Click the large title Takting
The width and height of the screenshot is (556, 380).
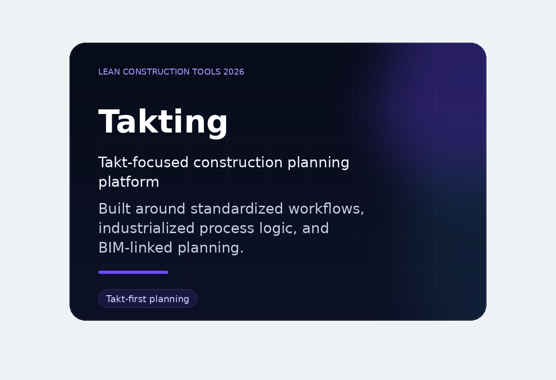coord(163,122)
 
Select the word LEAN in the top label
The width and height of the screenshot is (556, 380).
coord(109,72)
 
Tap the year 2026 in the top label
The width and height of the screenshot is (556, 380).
coord(234,72)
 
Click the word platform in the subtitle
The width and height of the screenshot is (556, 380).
coord(128,182)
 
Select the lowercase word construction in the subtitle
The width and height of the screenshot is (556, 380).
coord(238,163)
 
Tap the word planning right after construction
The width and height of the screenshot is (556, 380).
coord(318,163)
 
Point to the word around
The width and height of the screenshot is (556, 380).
coord(161,209)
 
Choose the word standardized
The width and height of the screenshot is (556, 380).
coord(236,209)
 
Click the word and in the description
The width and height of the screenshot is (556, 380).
coord(316,228)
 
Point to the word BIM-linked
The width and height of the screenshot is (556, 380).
coord(135,248)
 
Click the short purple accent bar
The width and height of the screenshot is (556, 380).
coord(133,272)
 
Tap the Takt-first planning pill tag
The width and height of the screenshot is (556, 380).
coord(147,299)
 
